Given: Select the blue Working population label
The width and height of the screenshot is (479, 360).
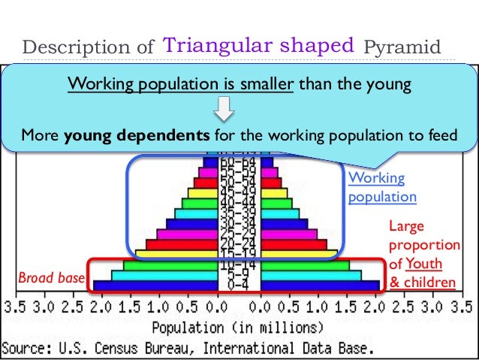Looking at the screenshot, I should [x=382, y=188].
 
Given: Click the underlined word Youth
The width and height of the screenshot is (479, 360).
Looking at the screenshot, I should [x=424, y=264].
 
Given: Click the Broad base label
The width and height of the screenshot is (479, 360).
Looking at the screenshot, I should [x=50, y=279].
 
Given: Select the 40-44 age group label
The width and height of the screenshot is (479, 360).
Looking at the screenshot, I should [x=239, y=203].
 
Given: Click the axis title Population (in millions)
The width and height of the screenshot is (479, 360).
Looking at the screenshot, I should [x=239, y=328].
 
